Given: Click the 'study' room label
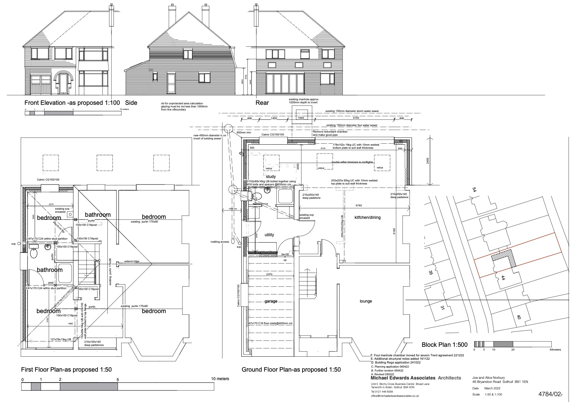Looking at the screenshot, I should tap(271, 176).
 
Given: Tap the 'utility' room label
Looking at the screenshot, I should tap(269, 235).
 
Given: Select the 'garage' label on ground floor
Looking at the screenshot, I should tap(271, 301).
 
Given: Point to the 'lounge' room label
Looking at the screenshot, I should tap(366, 301).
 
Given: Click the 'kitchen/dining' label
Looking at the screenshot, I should tap(367, 217).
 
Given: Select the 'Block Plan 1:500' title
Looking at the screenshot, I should tap(444, 345).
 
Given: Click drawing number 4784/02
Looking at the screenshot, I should tap(549, 394).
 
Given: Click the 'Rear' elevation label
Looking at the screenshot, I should tap(262, 103).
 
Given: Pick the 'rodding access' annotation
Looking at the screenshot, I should tap(220, 242).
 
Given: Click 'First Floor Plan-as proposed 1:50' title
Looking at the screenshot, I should tap(66, 370).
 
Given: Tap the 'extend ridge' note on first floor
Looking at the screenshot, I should tap(132, 261).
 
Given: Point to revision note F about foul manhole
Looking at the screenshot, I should tap(417, 355).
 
